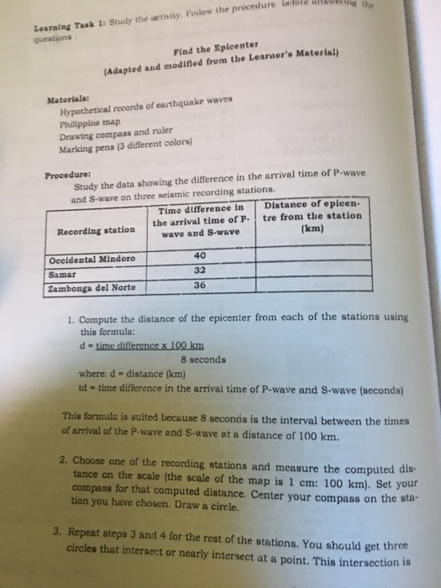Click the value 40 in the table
pyautogui.click(x=200, y=255)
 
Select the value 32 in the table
pyautogui.click(x=200, y=270)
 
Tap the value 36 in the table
pyautogui.click(x=200, y=284)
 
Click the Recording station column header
pyautogui.click(x=95, y=229)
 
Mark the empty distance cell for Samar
pyautogui.click(x=312, y=269)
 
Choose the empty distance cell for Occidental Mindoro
pyautogui.click(x=312, y=254)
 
